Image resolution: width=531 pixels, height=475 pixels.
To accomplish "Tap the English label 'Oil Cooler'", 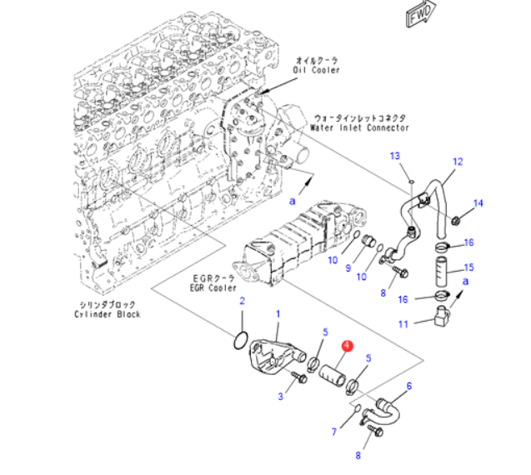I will pos(316,71).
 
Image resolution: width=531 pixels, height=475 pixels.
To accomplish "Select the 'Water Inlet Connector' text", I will pos(359,128).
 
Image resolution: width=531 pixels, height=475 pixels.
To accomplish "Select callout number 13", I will pos(395,156).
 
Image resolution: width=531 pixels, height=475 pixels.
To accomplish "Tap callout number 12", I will pos(457,161).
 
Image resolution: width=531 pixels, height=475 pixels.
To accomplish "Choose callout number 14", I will pos(478,203).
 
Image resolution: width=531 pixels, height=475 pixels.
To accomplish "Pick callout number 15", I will pos(468,267).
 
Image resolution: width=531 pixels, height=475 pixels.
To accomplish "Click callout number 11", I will pos(402,324).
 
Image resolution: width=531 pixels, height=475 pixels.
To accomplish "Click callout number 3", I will pos(281,397).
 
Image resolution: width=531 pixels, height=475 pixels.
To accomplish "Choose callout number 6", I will pos(409,386).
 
